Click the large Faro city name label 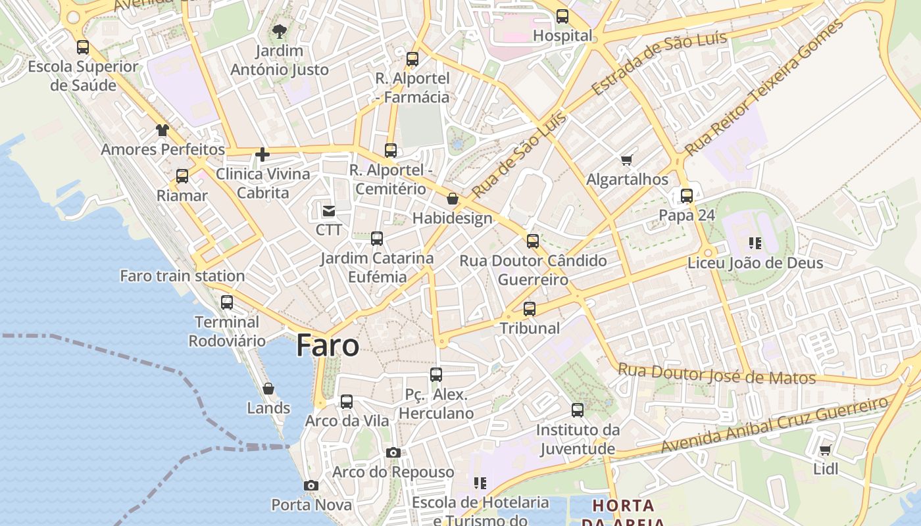[x=328, y=345]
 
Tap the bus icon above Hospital [x=562, y=16]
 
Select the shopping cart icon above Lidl [x=825, y=450]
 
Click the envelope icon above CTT [x=328, y=211]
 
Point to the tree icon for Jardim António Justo [x=280, y=31]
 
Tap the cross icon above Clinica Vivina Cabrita [x=262, y=155]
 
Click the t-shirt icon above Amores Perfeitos [x=162, y=130]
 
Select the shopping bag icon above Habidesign [x=453, y=199]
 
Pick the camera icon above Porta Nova [x=311, y=486]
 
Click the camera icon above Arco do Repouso [x=393, y=452]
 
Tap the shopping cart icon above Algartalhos [x=627, y=160]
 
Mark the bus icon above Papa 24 [x=687, y=196]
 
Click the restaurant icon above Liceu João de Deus [x=755, y=243]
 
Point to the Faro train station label [x=182, y=275]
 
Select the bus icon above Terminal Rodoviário [x=227, y=302]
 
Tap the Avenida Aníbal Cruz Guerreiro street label [x=774, y=425]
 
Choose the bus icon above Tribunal [x=530, y=309]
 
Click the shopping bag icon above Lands [x=268, y=389]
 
